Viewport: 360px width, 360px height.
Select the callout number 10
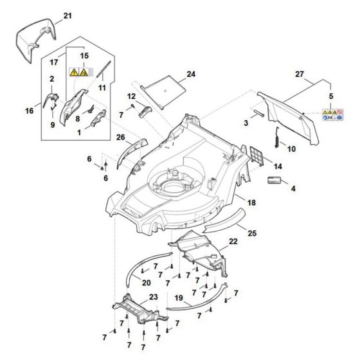click(291, 148)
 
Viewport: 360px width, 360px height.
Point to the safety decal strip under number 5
click(332, 116)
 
